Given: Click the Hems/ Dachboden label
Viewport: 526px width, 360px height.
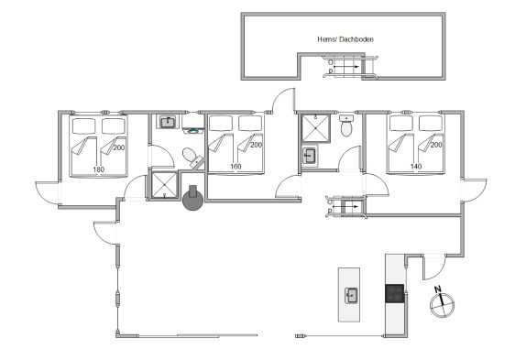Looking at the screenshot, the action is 345,39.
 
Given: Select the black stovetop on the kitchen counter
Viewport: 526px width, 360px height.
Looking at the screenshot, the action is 394,294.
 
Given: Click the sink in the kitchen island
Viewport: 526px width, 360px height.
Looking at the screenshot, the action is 351,296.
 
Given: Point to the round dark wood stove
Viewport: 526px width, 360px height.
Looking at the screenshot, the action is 192,199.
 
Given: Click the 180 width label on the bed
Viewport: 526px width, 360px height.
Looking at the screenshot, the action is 98,169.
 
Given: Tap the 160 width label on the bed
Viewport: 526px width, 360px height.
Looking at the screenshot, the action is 236,166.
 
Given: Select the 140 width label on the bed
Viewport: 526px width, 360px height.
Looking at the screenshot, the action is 416,166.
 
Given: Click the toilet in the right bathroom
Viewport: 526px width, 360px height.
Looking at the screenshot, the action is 345,125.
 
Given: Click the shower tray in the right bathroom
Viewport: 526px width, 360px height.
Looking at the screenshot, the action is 315,128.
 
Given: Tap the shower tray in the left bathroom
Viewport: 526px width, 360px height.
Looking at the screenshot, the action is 164,185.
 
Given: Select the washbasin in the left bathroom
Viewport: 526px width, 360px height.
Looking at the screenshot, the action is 167,122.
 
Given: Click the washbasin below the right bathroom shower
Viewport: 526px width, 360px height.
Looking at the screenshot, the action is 310,156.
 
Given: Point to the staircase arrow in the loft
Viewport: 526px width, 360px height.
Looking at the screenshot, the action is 345,67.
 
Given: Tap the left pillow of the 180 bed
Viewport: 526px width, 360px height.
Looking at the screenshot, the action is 84,125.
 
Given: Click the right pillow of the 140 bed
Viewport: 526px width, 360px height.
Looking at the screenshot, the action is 431,123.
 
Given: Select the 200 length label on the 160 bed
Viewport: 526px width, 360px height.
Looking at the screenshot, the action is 256,145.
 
